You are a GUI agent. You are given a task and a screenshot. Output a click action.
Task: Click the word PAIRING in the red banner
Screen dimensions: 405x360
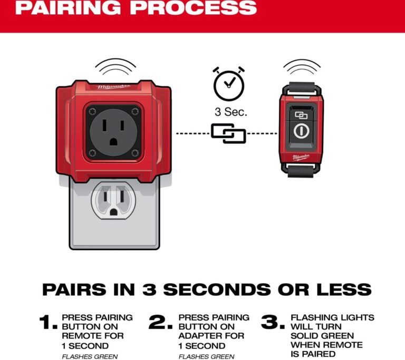click(x=67, y=8)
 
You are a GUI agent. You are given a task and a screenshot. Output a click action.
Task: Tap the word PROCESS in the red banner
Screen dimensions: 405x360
click(x=193, y=8)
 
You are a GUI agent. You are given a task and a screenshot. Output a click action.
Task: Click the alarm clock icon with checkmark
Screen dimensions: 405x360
click(x=228, y=84)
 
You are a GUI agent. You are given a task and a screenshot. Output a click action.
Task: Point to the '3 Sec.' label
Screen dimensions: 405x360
click(x=231, y=112)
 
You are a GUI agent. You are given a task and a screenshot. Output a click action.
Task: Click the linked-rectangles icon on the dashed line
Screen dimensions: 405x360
click(x=228, y=133)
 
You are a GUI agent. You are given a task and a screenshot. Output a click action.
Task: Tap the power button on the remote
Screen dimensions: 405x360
click(x=301, y=131)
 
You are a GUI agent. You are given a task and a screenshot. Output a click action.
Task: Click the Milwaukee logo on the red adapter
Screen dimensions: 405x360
click(x=114, y=87)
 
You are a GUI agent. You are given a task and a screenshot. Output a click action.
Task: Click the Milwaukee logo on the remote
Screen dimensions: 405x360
click(x=301, y=157)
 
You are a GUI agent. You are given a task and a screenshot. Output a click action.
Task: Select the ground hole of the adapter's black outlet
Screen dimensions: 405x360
click(x=113, y=142)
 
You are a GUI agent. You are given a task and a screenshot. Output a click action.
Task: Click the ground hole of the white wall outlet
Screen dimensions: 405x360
click(x=113, y=212)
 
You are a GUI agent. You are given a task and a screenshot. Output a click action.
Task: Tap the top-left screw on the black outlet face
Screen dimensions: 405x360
click(x=92, y=112)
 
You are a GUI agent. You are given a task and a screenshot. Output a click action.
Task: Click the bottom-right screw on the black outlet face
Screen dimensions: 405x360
click(x=135, y=153)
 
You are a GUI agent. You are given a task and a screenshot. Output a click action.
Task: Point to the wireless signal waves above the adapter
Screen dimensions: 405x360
click(x=115, y=66)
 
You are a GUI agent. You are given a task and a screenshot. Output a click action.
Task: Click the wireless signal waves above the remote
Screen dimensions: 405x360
click(x=302, y=66)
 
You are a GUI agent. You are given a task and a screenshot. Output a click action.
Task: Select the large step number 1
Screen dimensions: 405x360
click(x=48, y=322)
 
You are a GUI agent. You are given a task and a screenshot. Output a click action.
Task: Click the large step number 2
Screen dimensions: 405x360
click(x=160, y=322)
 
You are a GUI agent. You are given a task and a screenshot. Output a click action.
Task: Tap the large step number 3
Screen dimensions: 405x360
click(x=273, y=322)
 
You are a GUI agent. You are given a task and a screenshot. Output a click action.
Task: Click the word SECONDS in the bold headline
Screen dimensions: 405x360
click(x=217, y=289)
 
